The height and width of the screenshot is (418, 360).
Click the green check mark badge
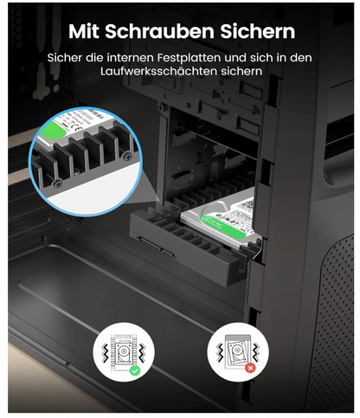pyautogui.click(x=134, y=370)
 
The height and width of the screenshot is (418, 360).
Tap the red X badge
pyautogui.click(x=249, y=367)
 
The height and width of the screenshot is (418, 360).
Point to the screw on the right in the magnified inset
pyautogui.click(x=127, y=155)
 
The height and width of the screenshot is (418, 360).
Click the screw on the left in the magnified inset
pyautogui.click(x=57, y=183)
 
